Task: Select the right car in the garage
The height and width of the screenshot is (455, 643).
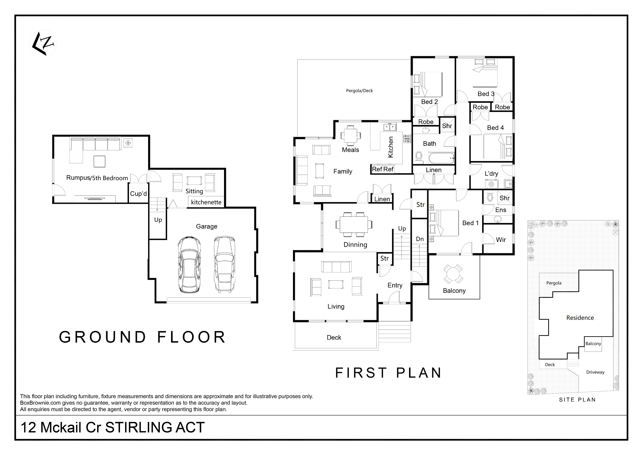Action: [x=224, y=264]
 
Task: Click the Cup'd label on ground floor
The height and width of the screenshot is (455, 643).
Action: [x=138, y=194]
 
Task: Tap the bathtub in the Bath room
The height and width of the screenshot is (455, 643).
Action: [x=441, y=158]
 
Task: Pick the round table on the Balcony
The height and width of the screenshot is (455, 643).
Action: [x=453, y=274]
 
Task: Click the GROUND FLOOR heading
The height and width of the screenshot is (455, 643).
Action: [x=142, y=337]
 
